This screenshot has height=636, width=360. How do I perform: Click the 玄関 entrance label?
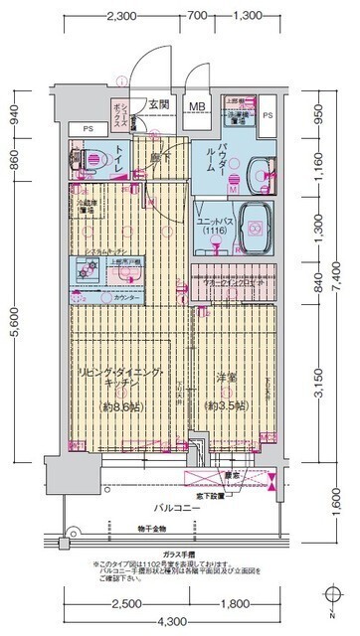click(x=160, y=104)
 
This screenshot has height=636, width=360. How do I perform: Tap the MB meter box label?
click(x=198, y=106)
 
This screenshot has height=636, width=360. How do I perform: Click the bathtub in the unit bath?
click(x=258, y=225)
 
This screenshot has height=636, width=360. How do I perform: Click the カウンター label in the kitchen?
click(x=123, y=296)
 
